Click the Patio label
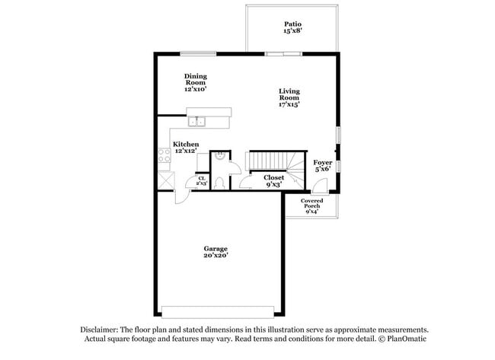click(292, 27)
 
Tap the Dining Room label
click(196, 82)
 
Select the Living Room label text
click(289, 97)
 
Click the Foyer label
click(322, 165)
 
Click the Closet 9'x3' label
click(273, 180)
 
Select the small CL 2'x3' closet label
click(201, 180)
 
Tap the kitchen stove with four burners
click(164, 157)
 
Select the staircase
click(270, 161)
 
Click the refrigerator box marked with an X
click(165, 180)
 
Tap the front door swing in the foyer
click(322, 185)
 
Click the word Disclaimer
click(98, 330)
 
